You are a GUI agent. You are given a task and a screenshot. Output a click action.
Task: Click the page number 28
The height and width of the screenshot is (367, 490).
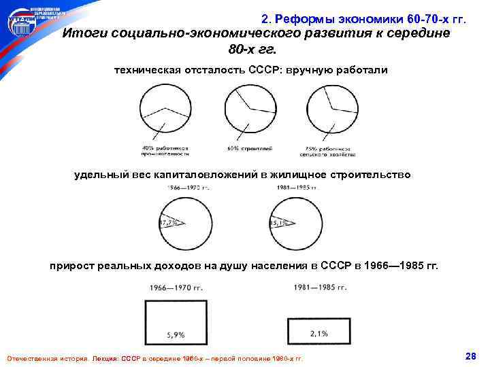pos(469,356)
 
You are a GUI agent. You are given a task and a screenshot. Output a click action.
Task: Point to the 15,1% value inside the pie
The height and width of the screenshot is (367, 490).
pos(279,222)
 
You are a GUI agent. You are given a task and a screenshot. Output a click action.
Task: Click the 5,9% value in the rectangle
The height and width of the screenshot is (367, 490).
pos(175,335)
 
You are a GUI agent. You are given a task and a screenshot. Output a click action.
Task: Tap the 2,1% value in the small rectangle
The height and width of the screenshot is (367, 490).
pos(318,333)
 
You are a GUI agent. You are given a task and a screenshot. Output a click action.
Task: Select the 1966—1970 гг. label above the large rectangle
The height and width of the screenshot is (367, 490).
pos(173,287)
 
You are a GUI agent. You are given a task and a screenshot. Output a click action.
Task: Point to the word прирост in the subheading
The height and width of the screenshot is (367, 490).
pos(74,266)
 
